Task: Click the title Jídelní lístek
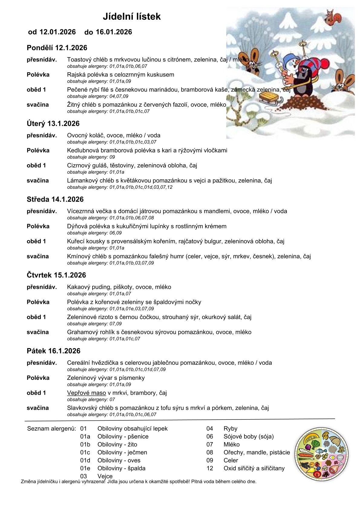click(x=132, y=16)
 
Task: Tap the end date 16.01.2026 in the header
click(x=114, y=32)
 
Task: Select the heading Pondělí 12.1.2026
click(x=57, y=48)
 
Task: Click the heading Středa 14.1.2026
click(x=55, y=199)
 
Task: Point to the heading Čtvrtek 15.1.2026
click(x=56, y=275)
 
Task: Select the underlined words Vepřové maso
click(x=87, y=393)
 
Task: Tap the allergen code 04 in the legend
click(x=210, y=429)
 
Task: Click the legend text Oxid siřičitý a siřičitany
click(x=254, y=468)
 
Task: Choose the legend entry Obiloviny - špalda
click(x=121, y=468)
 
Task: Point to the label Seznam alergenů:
click(x=51, y=429)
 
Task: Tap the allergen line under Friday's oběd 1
click(x=91, y=400)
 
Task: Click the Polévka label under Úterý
click(x=38, y=150)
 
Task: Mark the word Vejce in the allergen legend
click(x=105, y=476)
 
